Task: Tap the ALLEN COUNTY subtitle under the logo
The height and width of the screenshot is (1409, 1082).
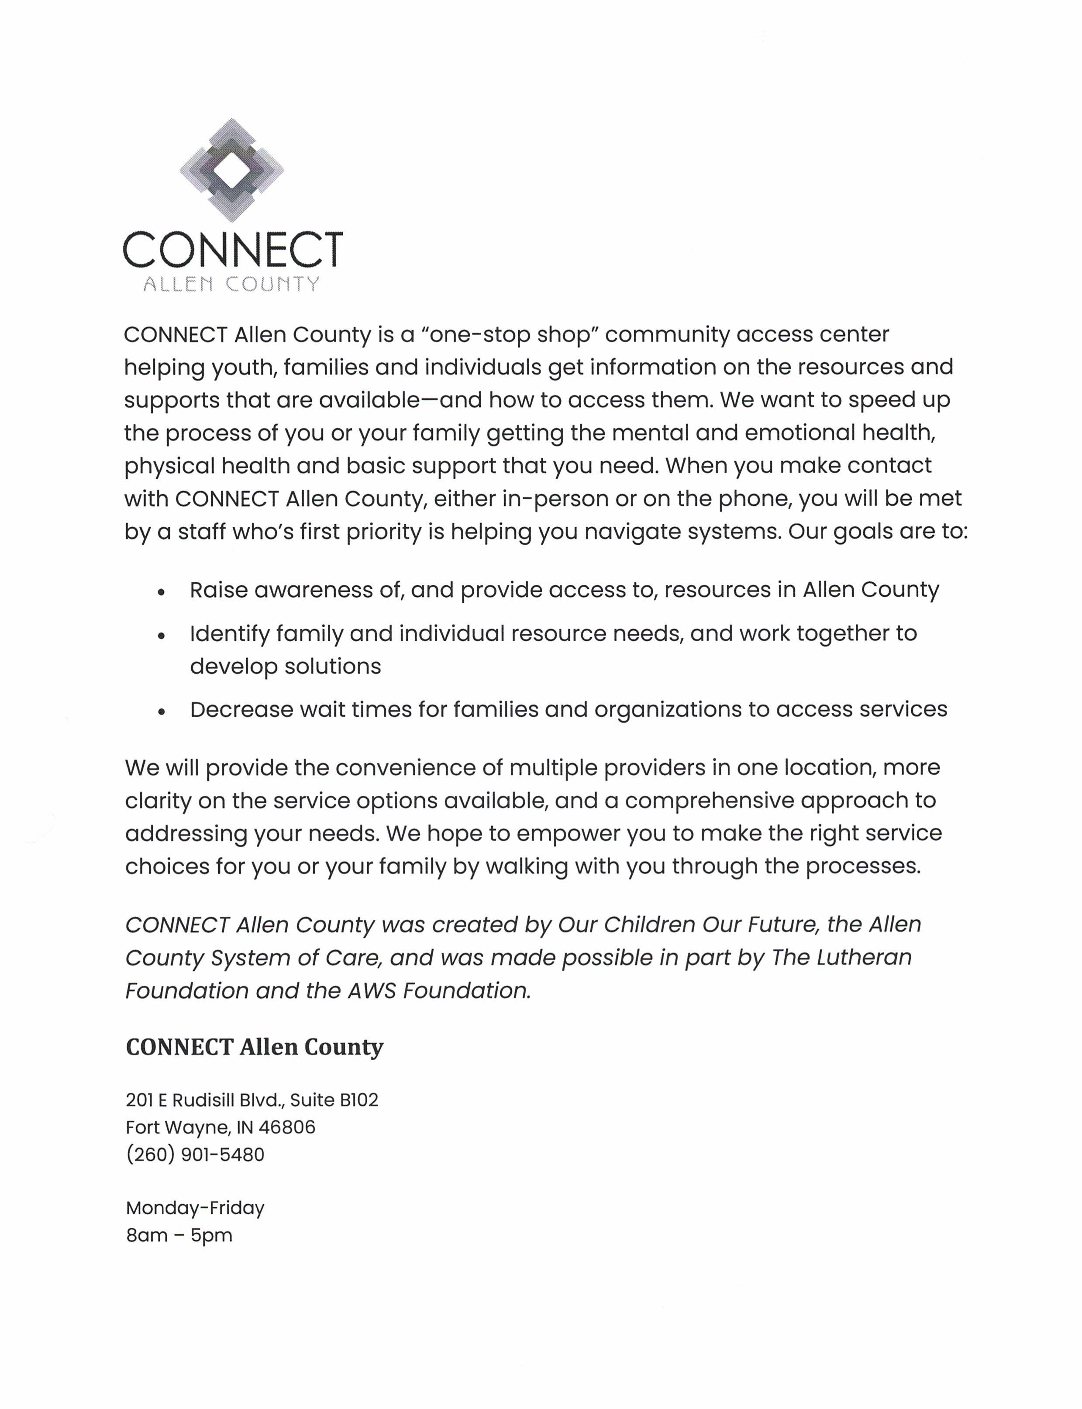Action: (x=231, y=284)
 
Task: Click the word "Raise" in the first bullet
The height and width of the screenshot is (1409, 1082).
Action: (x=218, y=590)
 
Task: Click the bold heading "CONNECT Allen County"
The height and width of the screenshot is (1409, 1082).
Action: (x=255, y=1047)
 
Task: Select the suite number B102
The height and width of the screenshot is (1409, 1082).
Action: (x=359, y=1100)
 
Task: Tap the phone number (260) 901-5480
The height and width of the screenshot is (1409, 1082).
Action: (x=195, y=1154)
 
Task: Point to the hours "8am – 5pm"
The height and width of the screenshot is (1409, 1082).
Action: (x=179, y=1235)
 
